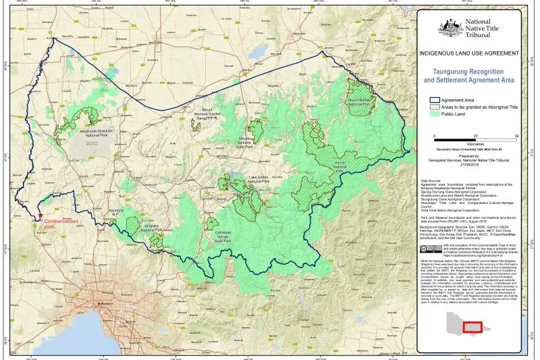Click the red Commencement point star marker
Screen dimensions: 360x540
40,215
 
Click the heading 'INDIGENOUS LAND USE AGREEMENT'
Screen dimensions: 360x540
469,53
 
